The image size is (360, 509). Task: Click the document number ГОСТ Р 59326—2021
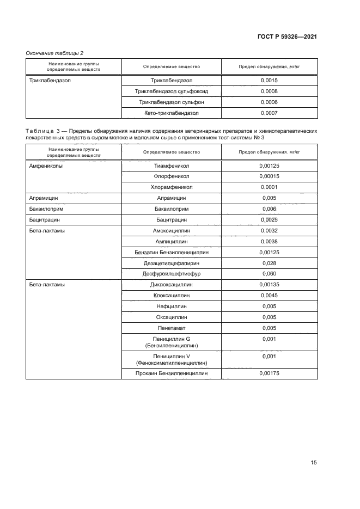[x=287, y=36]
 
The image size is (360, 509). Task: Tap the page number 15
[x=313, y=463]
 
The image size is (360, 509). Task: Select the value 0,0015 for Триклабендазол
[x=269, y=81]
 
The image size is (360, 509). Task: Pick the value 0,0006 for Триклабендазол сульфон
[x=269, y=102]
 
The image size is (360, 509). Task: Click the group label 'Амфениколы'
[x=46, y=165]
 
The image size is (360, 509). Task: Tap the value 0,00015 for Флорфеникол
[x=269, y=176]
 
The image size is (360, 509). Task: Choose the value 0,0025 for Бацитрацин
[x=269, y=220]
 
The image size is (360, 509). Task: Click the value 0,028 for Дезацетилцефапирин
[x=269, y=263]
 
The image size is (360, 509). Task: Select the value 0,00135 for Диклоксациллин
[x=269, y=284]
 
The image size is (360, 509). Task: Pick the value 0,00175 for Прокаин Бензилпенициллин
[x=269, y=373]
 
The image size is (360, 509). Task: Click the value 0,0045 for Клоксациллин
[x=269, y=296]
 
